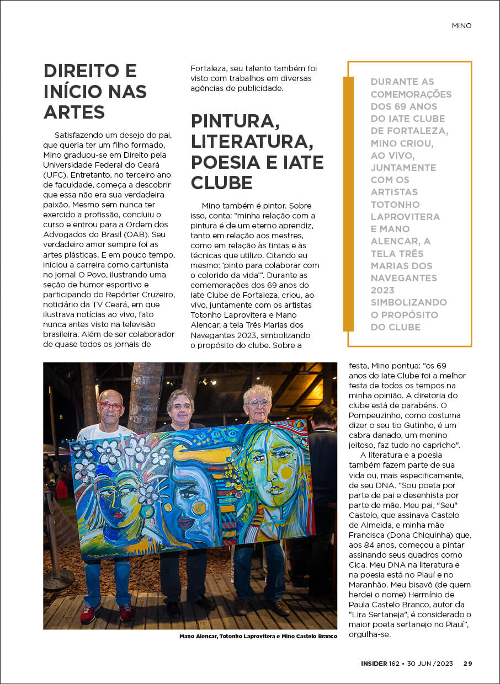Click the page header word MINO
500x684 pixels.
click(461, 25)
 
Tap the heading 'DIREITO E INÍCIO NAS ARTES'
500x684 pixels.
click(95, 92)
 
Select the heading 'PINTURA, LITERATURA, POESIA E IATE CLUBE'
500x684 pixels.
click(257, 151)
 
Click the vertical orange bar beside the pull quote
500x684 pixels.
click(348, 204)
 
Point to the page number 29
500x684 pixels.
click(467, 664)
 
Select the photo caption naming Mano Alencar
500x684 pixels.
click(258, 637)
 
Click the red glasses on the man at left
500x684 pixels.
click(111, 407)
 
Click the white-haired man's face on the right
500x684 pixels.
click(258, 404)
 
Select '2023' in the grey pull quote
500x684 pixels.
click(382, 290)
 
